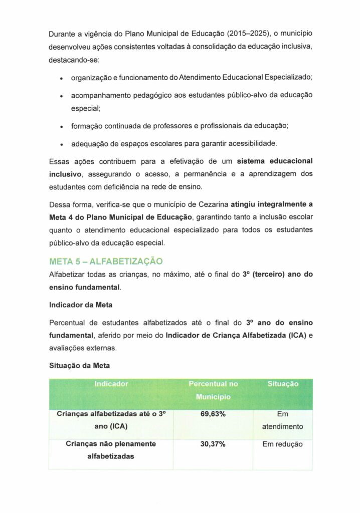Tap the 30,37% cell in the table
(x=213, y=444)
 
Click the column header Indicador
(x=111, y=384)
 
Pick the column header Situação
(x=283, y=384)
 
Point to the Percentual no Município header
(x=213, y=390)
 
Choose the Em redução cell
(x=283, y=444)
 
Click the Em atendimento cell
(x=283, y=420)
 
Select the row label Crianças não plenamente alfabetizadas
(x=111, y=450)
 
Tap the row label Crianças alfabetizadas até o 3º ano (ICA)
(x=111, y=420)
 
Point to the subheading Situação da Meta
(x=80, y=366)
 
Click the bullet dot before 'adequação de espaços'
(x=61, y=144)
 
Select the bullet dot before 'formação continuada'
(x=61, y=127)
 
